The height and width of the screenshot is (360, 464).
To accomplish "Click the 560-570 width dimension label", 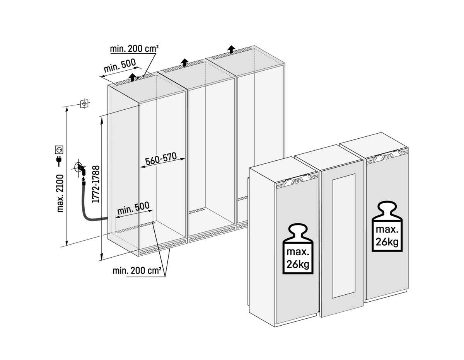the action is (x=161, y=159).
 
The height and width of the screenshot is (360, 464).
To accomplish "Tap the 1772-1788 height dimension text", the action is (x=96, y=184).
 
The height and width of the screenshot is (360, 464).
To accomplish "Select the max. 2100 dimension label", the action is (x=60, y=194).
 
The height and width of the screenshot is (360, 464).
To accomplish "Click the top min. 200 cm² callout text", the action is (x=134, y=49).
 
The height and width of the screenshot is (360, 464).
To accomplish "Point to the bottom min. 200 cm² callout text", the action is (x=137, y=271).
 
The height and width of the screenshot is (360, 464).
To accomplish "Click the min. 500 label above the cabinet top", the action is (x=119, y=66).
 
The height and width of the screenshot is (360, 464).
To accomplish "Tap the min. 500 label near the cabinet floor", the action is (x=133, y=208).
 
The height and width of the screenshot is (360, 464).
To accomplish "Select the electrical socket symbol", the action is (x=59, y=149).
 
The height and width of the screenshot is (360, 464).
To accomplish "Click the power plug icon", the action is (x=59, y=161).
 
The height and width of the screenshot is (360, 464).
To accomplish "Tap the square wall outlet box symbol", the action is (x=84, y=104).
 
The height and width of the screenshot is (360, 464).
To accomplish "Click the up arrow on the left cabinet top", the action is (x=132, y=77).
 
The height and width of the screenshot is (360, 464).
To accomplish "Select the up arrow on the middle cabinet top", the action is (x=184, y=63).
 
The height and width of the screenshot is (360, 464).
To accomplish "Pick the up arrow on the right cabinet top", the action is (x=231, y=49).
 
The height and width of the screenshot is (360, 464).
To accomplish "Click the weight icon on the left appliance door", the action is (x=298, y=249).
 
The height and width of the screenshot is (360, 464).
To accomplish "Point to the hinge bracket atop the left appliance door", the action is (x=297, y=181).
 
